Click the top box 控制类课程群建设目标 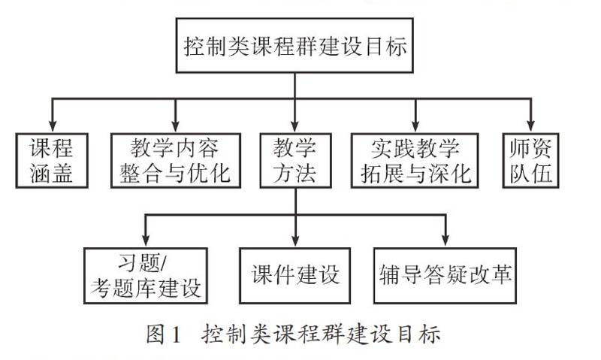(x=294, y=45)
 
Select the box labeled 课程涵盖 (x=52, y=160)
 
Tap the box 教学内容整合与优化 (x=176, y=160)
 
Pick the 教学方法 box (x=295, y=160)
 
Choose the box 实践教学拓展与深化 (x=415, y=160)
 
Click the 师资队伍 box (x=531, y=160)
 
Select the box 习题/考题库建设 (x=146, y=276)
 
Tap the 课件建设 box (x=294, y=276)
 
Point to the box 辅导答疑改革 (x=445, y=276)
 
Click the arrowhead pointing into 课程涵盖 (x=53, y=126)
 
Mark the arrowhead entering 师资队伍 (x=531, y=126)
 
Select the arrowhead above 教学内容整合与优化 (x=176, y=126)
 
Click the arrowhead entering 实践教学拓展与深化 (x=415, y=126)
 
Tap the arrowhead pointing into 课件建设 (x=295, y=241)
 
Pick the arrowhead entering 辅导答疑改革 (x=445, y=241)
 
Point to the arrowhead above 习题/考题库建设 (x=146, y=241)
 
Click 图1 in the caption (x=163, y=334)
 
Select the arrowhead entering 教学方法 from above (x=294, y=126)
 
